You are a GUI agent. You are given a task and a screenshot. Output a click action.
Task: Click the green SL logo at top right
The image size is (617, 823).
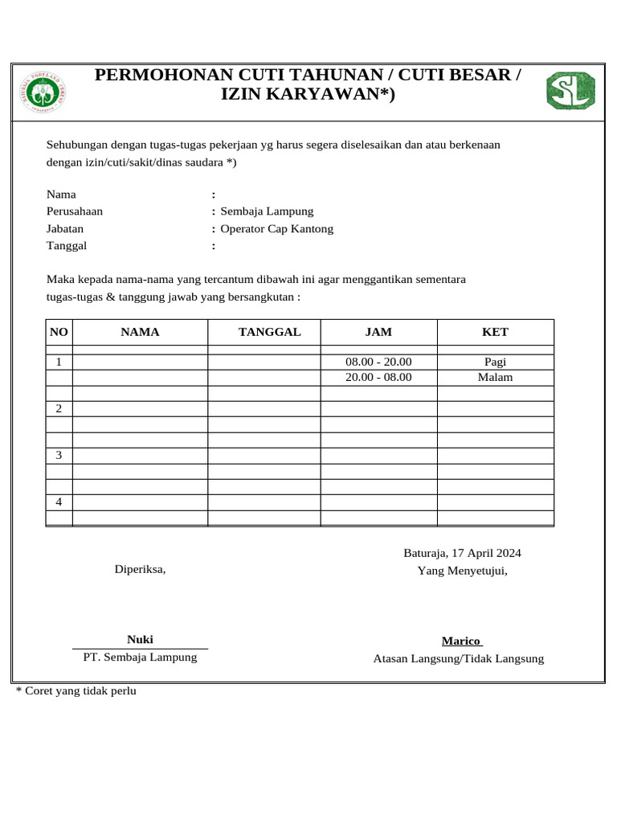click(x=570, y=90)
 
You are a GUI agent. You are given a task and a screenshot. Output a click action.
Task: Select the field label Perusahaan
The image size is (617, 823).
click(x=75, y=211)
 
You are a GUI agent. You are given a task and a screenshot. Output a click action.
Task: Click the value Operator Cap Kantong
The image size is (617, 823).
click(x=276, y=229)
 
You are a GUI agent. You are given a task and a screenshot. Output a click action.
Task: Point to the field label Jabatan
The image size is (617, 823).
click(x=65, y=229)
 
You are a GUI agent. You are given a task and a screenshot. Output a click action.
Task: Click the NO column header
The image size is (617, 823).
click(x=59, y=333)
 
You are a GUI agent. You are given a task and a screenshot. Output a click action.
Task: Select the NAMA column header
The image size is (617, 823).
click(x=140, y=333)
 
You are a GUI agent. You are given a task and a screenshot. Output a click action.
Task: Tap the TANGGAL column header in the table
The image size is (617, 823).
click(x=269, y=333)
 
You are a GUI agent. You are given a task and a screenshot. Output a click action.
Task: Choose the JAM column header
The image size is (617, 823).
click(x=378, y=333)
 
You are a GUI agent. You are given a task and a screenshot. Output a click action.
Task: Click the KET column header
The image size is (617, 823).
click(x=495, y=333)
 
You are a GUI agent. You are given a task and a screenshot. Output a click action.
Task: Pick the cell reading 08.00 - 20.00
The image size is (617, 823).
click(x=378, y=362)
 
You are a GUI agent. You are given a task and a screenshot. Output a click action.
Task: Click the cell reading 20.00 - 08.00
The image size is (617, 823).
click(x=378, y=377)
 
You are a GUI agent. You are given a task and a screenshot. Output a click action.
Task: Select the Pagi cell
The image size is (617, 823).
click(x=495, y=362)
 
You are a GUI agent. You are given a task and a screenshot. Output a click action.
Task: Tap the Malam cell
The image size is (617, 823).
click(x=495, y=377)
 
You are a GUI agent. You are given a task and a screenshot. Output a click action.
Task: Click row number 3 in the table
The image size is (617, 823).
click(x=59, y=456)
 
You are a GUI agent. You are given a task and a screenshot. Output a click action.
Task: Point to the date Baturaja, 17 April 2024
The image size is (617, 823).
click(x=462, y=553)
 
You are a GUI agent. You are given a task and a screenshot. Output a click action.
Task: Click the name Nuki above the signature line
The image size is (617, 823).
click(x=140, y=640)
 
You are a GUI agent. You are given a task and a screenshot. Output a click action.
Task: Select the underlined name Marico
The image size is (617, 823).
click(x=461, y=641)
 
